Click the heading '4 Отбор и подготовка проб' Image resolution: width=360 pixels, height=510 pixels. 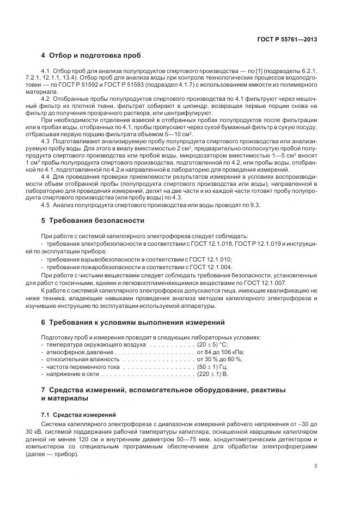[x=91, y=56]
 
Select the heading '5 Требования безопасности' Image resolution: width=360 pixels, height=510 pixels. [x=93, y=221]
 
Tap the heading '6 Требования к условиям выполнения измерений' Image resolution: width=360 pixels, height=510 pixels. [x=132, y=322]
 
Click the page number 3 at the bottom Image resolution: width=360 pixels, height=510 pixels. [x=316, y=465]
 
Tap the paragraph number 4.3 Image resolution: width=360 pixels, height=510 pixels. [x=46, y=141]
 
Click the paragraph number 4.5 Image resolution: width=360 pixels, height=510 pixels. [x=46, y=205]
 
